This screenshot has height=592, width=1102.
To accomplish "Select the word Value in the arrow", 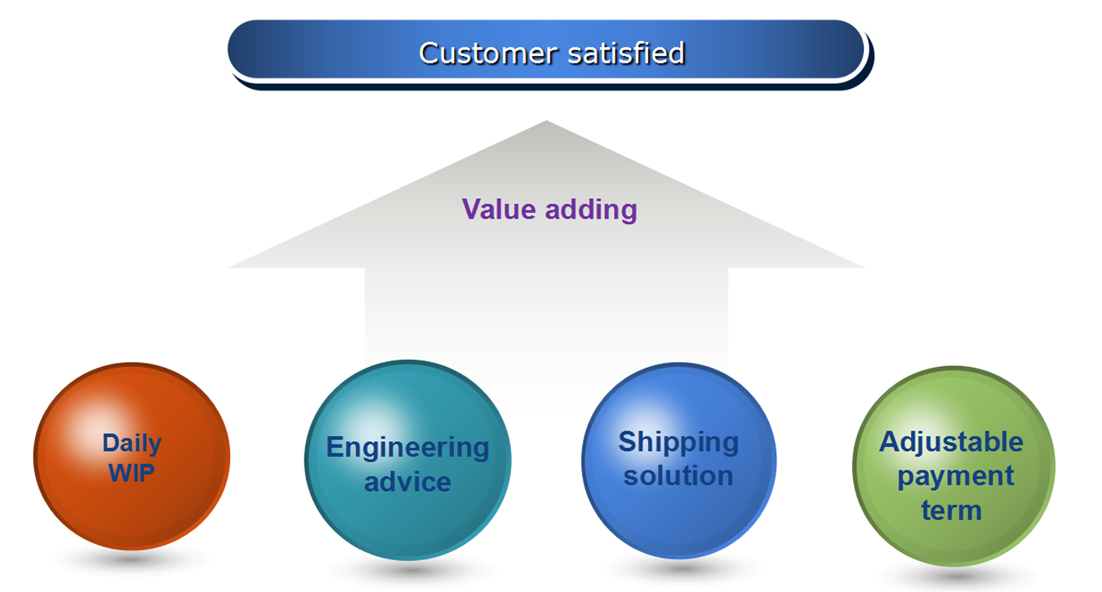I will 500,210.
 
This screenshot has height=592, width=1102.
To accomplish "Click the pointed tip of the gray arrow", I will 546,124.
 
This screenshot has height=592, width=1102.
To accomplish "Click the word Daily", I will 131,443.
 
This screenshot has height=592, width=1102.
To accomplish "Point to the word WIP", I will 131,473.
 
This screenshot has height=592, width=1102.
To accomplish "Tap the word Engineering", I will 407,447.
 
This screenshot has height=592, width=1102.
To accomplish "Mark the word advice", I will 407,481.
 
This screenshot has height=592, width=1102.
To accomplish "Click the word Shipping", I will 678,442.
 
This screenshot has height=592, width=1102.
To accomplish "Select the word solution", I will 678,475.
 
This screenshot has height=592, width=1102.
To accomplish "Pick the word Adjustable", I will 951,442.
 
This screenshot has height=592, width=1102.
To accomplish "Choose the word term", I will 951,510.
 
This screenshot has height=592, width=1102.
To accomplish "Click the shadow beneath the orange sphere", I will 131,561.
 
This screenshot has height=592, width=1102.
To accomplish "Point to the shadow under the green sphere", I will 953,576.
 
